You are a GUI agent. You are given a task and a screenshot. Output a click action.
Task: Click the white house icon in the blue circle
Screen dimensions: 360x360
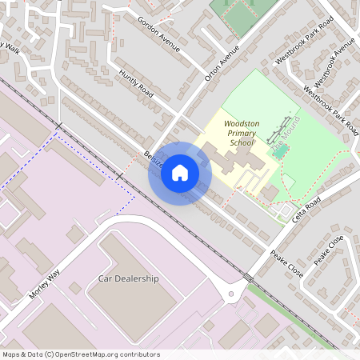click(180, 173)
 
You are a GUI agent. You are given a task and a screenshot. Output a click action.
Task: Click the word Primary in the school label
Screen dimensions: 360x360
click(241, 132)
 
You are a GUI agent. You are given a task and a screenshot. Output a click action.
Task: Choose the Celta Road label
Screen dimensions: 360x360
click(306, 210)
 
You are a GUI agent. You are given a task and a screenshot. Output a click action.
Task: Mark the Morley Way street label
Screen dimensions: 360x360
click(45, 282)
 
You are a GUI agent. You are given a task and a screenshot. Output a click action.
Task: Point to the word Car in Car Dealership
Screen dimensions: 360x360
click(105, 278)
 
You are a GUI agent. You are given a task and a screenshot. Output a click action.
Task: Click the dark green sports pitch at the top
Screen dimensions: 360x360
click(243, 16)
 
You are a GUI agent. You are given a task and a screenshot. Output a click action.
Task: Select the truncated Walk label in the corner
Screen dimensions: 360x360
click(11, 48)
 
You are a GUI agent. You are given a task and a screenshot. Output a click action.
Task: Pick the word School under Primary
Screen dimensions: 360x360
click(241, 142)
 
